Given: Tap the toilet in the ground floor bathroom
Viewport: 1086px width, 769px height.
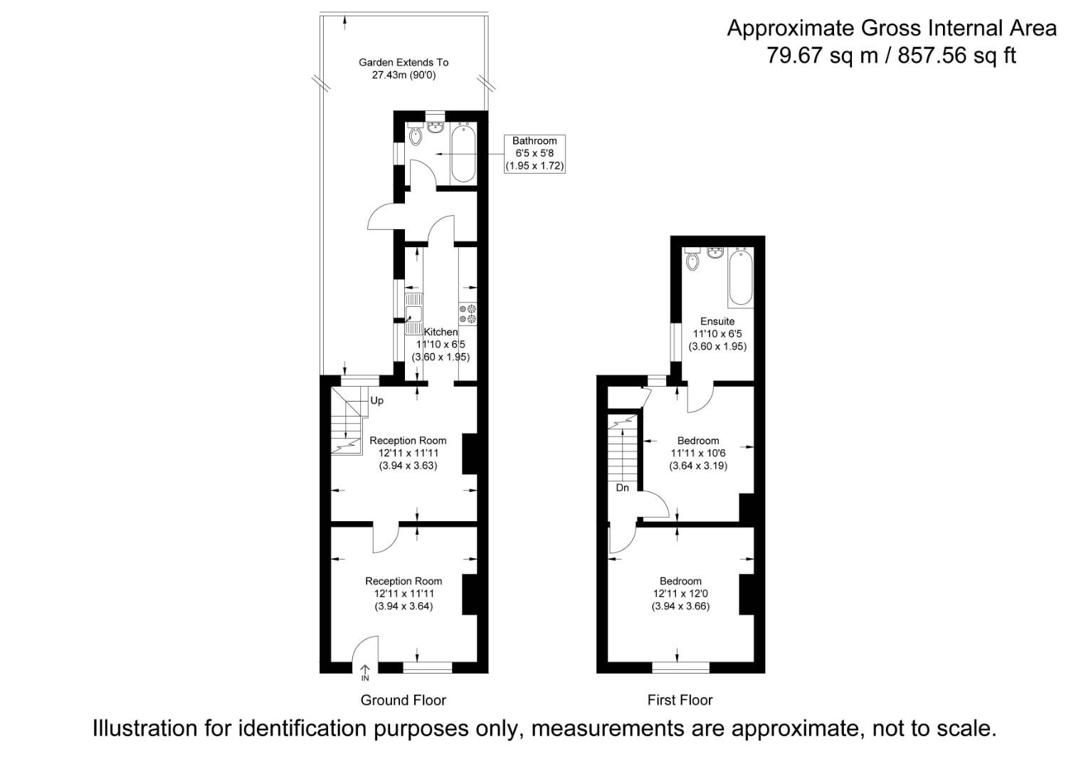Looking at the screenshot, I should tap(416, 134).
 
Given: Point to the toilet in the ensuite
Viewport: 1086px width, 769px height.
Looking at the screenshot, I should tap(692, 260).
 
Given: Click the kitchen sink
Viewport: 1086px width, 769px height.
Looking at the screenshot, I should tap(413, 314).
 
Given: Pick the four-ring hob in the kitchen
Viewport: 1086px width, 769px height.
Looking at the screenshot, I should tap(468, 314).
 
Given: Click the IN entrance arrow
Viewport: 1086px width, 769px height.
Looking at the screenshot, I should tap(365, 672).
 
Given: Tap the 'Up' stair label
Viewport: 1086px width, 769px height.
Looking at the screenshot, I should tap(376, 400).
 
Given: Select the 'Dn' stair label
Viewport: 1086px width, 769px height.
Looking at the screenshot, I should tap(622, 488).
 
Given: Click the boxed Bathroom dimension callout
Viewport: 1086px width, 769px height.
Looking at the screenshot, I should tap(534, 153).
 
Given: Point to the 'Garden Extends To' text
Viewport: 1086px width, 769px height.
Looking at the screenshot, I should tap(404, 63).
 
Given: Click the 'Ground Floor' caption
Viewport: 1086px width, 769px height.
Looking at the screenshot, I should tap(403, 700).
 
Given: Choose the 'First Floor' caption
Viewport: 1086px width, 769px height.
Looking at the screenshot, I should tap(680, 700).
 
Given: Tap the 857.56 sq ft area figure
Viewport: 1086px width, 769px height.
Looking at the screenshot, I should tap(956, 56).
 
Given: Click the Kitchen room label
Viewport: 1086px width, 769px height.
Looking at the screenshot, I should tap(441, 332).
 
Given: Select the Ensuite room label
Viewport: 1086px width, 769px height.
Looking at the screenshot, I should tap(717, 321).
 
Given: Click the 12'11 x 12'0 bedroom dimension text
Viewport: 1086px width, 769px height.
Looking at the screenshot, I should tap(680, 594).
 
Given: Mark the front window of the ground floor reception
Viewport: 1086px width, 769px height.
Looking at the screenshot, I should tap(427, 667).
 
